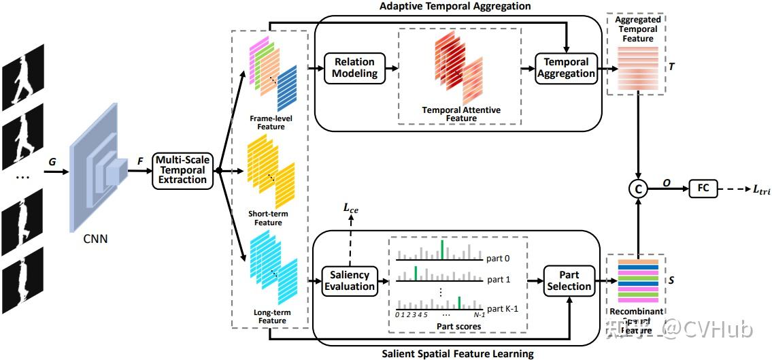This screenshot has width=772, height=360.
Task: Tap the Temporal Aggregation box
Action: click(x=565, y=67)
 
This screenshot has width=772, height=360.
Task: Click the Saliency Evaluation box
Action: click(x=350, y=280)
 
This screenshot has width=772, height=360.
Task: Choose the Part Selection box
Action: click(x=569, y=280)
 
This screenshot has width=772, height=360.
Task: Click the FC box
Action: click(x=703, y=188)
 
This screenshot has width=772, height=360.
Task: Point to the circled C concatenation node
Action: click(x=638, y=189)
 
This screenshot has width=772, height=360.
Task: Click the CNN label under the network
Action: click(x=96, y=239)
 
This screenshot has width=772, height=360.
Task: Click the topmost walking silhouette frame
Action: click(x=22, y=77)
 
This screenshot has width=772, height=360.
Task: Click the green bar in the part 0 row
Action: click(x=441, y=248)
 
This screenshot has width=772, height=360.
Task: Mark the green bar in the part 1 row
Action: click(x=415, y=272)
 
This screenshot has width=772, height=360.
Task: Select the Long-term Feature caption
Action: click(x=271, y=316)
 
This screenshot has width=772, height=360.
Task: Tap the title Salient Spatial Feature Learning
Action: click(x=457, y=353)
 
